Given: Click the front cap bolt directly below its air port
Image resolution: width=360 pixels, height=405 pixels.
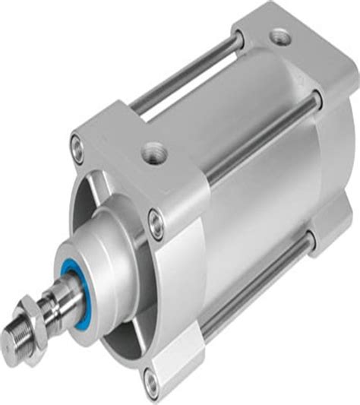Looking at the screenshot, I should (156, 223).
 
